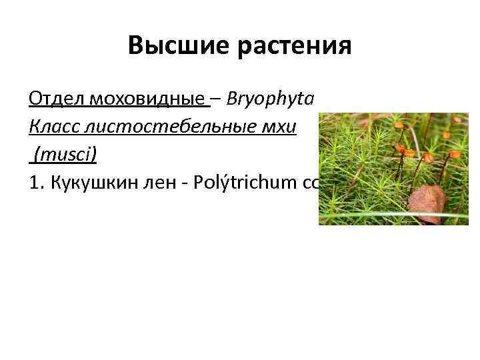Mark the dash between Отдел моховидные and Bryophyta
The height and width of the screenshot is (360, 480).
tap(217, 100)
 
